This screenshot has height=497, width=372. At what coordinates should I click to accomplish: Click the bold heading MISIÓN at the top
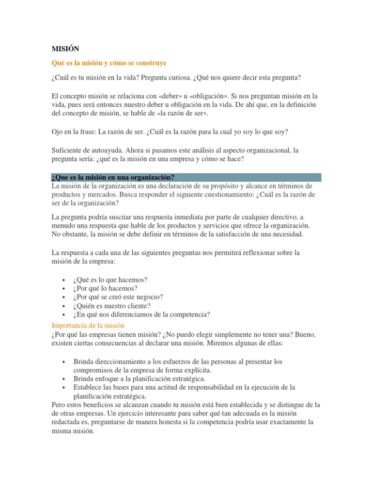[x=65, y=49]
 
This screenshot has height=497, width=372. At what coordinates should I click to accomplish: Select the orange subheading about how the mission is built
[x=109, y=63]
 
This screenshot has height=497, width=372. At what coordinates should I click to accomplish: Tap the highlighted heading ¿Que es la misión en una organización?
[x=113, y=177]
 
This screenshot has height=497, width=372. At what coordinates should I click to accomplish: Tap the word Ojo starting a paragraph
[x=58, y=132]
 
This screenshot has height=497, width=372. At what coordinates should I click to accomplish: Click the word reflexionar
[x=262, y=253]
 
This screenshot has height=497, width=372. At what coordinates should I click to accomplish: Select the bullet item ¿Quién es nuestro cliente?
[x=112, y=306]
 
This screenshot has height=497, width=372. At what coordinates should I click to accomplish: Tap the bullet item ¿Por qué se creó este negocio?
[x=118, y=297]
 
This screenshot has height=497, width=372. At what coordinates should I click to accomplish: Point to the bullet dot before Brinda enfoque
[x=64, y=379]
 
